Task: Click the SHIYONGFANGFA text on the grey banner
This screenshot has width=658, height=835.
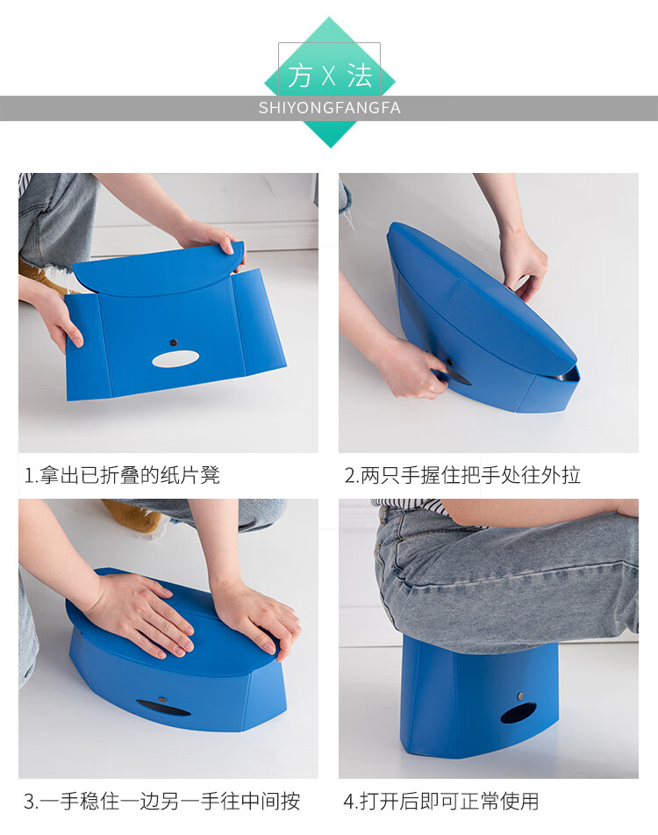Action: tap(329, 108)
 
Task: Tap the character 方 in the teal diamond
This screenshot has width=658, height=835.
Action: tap(300, 76)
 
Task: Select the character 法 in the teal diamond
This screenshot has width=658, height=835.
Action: tap(360, 76)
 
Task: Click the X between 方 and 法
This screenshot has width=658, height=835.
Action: tap(329, 76)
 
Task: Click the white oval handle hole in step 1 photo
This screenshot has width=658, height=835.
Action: tap(175, 359)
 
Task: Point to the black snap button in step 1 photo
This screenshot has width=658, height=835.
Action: tap(173, 342)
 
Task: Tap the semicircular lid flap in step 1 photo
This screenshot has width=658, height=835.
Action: tap(159, 270)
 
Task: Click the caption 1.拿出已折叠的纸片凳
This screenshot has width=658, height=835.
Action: tap(122, 475)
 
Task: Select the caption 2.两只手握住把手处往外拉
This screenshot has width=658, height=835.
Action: tap(462, 475)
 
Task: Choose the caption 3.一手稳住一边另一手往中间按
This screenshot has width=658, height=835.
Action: tap(161, 801)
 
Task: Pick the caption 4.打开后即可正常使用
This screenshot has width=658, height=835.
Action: tap(441, 801)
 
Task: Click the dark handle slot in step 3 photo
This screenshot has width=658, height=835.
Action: tap(163, 708)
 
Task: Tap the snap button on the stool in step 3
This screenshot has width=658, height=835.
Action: tap(161, 699)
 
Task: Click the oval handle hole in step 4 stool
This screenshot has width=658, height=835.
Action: tap(519, 714)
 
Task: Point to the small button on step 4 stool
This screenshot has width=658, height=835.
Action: tap(520, 695)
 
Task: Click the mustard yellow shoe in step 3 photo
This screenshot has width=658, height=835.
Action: tap(133, 515)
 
